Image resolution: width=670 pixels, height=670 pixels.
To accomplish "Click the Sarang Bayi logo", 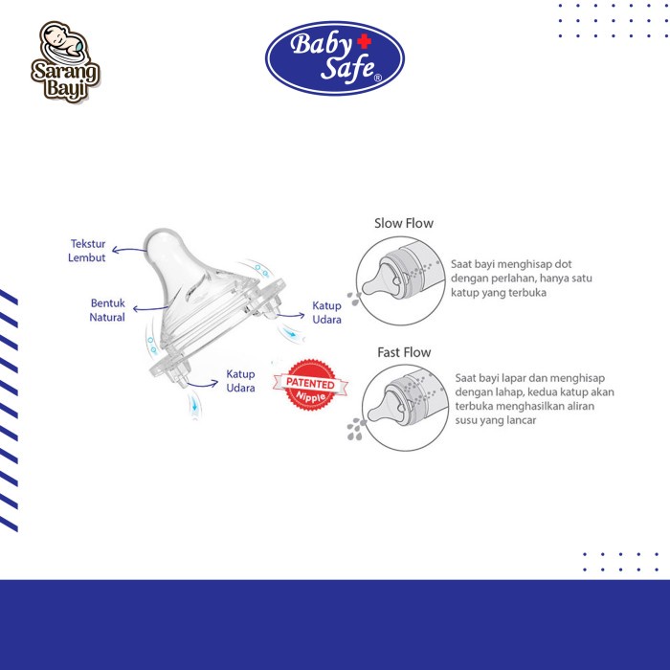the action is coord(65,61).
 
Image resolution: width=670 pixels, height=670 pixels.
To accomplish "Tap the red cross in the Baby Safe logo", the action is coord(364,41).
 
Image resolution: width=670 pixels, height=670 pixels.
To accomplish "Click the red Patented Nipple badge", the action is coord(311,385).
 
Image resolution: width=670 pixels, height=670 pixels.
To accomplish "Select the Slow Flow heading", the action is coord(403,223).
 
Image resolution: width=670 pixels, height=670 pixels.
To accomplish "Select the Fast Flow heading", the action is coord(404,352).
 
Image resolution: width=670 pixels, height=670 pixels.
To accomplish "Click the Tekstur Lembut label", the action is coord(87,251).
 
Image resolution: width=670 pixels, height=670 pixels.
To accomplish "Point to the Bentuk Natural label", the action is coord(107,310).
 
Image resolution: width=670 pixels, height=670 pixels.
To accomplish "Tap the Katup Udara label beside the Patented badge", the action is coord(240,381).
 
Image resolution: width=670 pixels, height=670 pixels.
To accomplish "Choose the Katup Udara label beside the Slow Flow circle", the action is coord(327,312).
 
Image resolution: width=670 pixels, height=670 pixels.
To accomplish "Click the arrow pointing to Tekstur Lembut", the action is coord(128,249).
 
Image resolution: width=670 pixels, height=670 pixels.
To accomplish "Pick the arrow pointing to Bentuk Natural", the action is coord(149,308).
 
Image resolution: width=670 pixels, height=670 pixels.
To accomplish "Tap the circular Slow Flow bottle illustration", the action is coord(400,280).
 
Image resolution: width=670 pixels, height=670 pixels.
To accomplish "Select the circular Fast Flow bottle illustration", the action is coord(406,408).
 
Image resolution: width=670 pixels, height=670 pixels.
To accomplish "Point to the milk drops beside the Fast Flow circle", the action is coord(356,429).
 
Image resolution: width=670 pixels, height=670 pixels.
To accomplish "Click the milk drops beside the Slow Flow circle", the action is coord(353,299).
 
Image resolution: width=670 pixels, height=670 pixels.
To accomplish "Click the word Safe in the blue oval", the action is coord(347,68).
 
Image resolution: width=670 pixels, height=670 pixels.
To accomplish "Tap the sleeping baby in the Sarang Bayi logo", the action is coord(64,44).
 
